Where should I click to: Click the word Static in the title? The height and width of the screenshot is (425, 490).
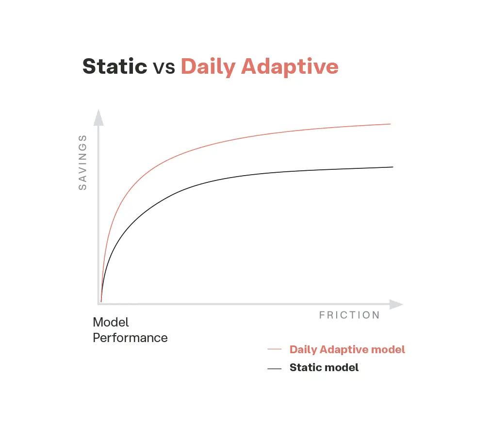click(114, 66)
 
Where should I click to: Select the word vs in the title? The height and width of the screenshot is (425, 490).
click(164, 67)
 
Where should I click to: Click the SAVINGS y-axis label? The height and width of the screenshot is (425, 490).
click(82, 162)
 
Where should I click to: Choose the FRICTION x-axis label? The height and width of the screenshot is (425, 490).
click(349, 315)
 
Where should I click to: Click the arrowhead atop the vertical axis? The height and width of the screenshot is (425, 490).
click(98, 117)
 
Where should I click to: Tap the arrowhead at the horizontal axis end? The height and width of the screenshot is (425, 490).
click(397, 305)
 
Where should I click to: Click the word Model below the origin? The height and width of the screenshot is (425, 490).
click(111, 322)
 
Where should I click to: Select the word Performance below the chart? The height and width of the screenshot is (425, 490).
click(130, 338)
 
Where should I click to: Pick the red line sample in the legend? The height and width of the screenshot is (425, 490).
click(275, 349)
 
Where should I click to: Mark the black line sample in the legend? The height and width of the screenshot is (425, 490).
click(275, 368)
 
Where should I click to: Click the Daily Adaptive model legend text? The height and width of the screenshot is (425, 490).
click(347, 349)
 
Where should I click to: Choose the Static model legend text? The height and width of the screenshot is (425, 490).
click(324, 368)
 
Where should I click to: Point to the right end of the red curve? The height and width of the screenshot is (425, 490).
click(390, 124)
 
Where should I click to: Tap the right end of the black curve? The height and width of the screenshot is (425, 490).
click(392, 167)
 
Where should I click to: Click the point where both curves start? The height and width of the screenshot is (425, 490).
click(101, 301)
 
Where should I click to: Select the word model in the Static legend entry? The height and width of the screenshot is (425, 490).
click(343, 368)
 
